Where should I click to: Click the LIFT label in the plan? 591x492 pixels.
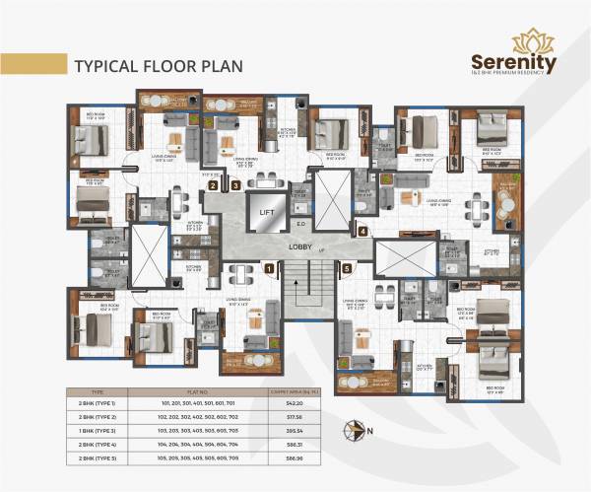(264, 211)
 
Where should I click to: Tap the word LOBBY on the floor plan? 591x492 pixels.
(301, 246)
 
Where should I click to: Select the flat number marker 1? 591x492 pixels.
(268, 267)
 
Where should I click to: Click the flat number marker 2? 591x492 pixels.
(212, 184)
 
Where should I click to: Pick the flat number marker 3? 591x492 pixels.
(235, 184)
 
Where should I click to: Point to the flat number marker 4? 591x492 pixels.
(362, 232)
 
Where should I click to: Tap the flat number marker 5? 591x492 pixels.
(346, 267)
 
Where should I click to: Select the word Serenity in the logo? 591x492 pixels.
(513, 62)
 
